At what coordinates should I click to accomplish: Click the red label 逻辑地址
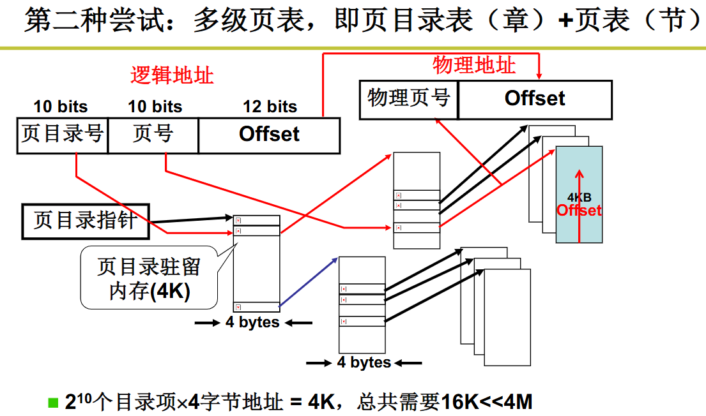(172, 75)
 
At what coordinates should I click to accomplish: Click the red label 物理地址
(473, 64)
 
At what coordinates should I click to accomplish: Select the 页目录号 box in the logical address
(63, 135)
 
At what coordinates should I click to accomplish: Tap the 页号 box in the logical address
(153, 135)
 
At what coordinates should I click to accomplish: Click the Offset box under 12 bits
(269, 135)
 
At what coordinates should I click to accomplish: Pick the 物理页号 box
(409, 99)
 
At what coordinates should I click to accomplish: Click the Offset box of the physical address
(535, 99)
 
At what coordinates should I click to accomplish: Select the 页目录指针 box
(86, 221)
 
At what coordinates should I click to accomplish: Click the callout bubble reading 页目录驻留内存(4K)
(148, 278)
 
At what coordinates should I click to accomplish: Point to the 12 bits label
(270, 107)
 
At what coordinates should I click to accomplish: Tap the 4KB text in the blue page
(579, 198)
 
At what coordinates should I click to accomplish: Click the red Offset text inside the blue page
(579, 211)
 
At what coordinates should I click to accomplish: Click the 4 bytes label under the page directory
(252, 323)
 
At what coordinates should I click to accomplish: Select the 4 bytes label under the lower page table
(364, 363)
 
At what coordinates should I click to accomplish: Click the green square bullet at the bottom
(53, 403)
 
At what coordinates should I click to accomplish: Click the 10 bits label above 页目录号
(61, 107)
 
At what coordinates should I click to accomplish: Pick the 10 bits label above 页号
(155, 107)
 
